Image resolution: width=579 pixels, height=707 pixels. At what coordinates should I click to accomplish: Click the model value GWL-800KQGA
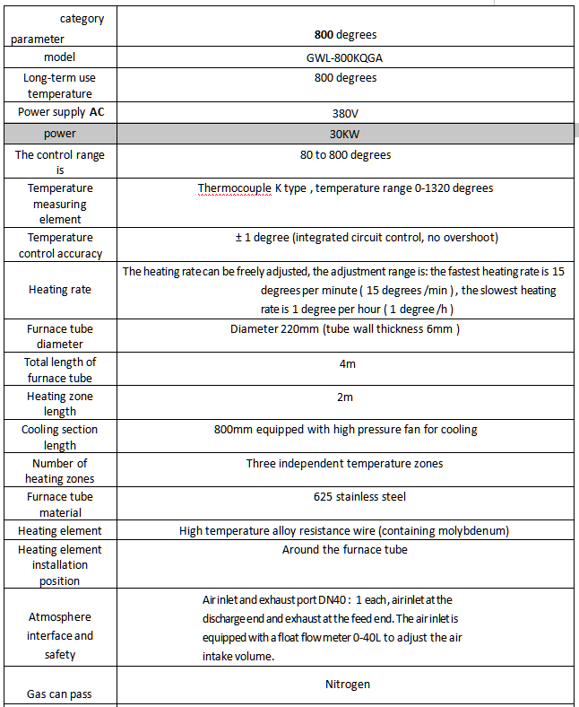click(345, 57)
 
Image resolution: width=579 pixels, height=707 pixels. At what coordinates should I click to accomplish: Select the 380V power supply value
click(345, 114)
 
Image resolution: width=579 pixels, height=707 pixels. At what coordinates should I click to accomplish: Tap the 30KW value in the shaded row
click(345, 134)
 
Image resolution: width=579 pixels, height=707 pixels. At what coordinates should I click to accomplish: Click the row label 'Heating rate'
click(60, 290)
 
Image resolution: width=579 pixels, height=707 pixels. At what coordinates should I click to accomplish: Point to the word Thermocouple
click(235, 188)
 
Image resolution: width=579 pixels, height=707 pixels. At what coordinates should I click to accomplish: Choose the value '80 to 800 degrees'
click(345, 155)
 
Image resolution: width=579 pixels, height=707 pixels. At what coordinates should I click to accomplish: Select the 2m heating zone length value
click(345, 397)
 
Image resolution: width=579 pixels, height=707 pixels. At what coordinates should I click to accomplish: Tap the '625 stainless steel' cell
click(345, 496)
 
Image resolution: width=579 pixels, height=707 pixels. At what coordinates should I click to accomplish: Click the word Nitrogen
click(345, 685)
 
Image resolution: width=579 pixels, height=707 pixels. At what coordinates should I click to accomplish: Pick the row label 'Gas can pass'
click(60, 694)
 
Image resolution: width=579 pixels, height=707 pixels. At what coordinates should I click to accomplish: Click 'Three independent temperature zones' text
click(345, 464)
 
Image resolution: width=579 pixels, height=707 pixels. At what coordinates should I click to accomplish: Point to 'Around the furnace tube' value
click(345, 550)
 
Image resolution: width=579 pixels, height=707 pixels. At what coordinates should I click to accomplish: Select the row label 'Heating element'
click(60, 531)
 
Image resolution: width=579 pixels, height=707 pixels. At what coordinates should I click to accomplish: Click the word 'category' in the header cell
click(82, 18)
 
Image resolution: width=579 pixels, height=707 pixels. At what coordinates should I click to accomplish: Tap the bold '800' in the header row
click(324, 35)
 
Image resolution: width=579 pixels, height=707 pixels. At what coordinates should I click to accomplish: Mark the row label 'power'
click(60, 134)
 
